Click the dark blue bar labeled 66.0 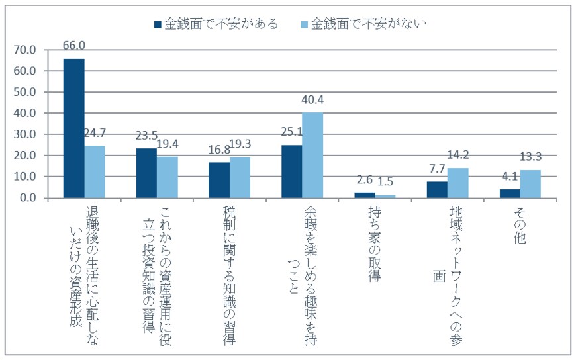[x=73, y=128]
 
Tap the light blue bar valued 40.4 [x=312, y=156]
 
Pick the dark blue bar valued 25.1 [x=291, y=171]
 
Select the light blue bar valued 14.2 [x=458, y=183]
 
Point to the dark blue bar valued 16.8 [x=219, y=180]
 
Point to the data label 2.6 [x=365, y=179]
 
